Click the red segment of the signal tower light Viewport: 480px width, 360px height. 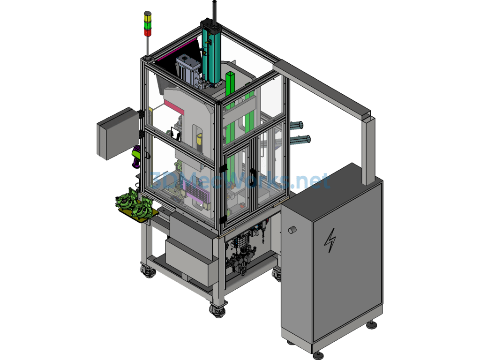pyautogui.click(x=148, y=32)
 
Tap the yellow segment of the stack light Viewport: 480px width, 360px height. pyautogui.click(x=148, y=18)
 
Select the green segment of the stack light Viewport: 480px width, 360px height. pyautogui.click(x=148, y=25)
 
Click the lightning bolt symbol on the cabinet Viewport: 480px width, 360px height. pyautogui.click(x=330, y=240)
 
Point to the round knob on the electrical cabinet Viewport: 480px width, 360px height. pyautogui.click(x=292, y=230)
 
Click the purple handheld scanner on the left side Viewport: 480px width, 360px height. pyautogui.click(x=136, y=157)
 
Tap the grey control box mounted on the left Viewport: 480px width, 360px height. pyautogui.click(x=118, y=134)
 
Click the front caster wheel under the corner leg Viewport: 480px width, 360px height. pyautogui.click(x=217, y=311)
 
